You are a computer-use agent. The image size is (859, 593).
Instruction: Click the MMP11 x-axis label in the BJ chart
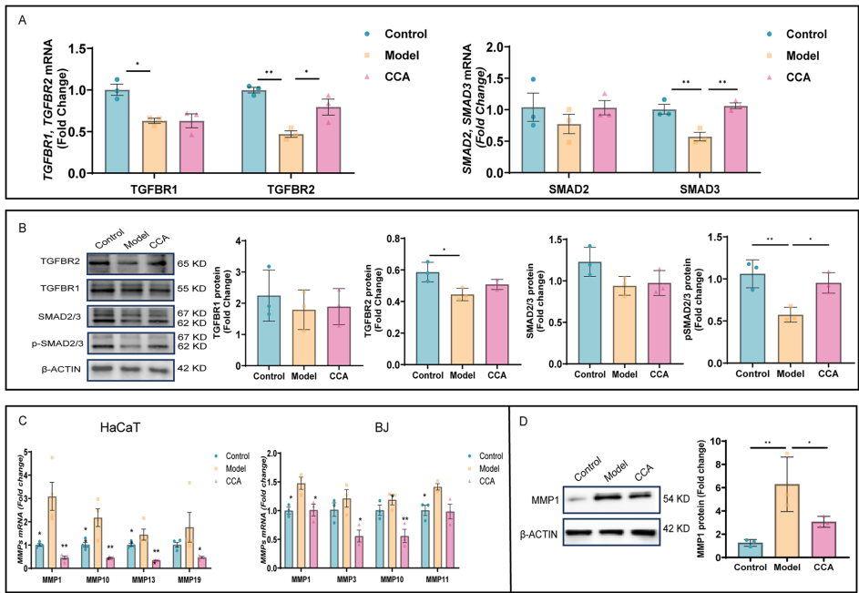(x=442, y=579)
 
